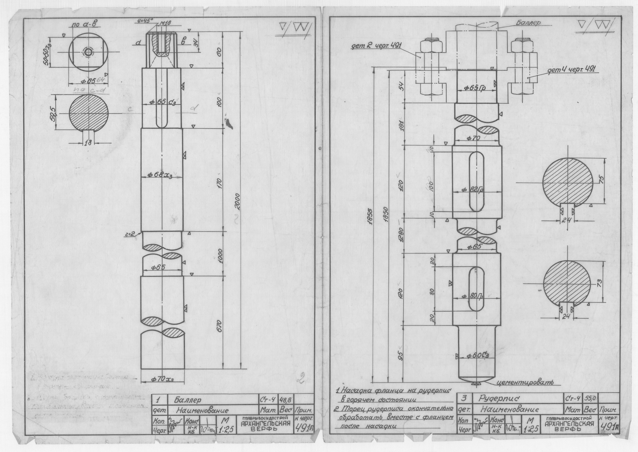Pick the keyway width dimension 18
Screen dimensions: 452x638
click(88, 143)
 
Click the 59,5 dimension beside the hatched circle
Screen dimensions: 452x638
click(52, 112)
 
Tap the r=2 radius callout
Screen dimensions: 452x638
click(130, 235)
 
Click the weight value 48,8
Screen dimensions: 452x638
click(287, 400)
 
